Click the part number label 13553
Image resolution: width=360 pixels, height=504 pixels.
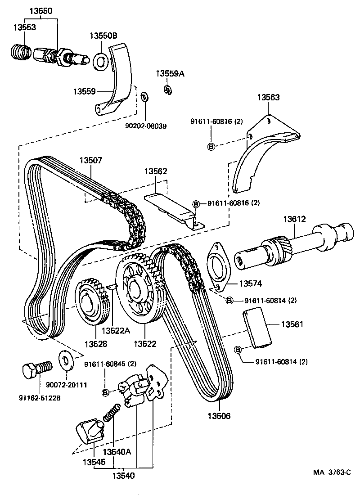[x=24, y=27]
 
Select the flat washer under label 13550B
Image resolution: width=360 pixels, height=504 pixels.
[x=100, y=62]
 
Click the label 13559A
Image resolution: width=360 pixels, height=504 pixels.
[x=170, y=73]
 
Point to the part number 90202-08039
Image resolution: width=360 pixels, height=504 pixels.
[x=146, y=126]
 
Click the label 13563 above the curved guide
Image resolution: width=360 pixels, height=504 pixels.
[x=268, y=97]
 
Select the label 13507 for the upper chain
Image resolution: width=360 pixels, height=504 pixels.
[x=91, y=160]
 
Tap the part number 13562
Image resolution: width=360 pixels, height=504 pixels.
[x=155, y=171]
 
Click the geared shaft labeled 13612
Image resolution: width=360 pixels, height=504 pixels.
[x=292, y=245]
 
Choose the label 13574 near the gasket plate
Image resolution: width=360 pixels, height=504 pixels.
[x=250, y=284]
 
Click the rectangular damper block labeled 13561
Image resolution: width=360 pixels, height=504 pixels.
[x=258, y=329]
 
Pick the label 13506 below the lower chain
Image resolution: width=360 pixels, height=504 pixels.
[x=219, y=416]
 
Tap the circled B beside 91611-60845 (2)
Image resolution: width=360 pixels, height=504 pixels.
[x=106, y=393]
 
